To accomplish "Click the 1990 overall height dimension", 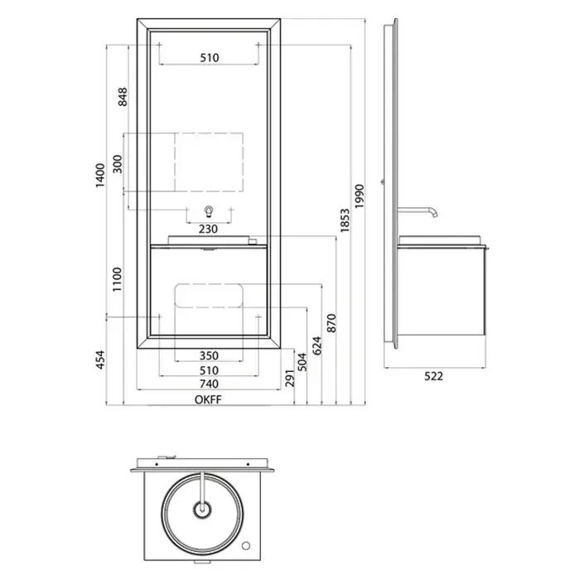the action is [359, 196].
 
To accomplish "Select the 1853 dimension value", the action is [345, 220].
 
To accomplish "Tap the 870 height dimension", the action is [331, 323].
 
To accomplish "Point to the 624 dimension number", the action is [317, 346].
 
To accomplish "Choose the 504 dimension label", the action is [302, 362].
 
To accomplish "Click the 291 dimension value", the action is [290, 378].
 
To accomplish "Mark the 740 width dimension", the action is [209, 384].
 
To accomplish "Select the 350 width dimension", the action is [209, 355].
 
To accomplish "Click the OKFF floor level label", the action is [208, 399].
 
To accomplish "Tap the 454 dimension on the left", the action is [100, 360].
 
